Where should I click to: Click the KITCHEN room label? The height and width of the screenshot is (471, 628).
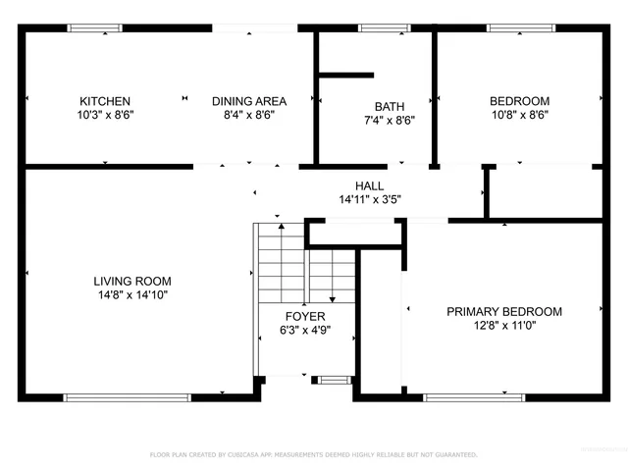(105, 101)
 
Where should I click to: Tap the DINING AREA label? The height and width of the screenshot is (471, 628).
(249, 101)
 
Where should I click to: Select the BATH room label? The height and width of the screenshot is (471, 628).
(390, 107)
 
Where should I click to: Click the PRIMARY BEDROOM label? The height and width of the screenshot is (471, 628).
(504, 312)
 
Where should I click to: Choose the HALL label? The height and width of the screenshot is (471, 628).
(369, 185)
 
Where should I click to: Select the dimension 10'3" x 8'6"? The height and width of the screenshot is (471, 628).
(105, 115)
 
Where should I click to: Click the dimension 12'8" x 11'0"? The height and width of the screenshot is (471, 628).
(504, 326)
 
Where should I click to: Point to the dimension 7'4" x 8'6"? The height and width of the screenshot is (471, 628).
(390, 121)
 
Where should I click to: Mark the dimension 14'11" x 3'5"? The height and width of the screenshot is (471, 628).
(369, 199)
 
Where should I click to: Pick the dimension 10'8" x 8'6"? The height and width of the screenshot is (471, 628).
(519, 115)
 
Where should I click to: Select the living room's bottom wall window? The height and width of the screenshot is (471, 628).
(127, 397)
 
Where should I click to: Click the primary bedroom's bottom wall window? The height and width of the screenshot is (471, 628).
(472, 397)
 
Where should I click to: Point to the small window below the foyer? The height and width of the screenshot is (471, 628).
(334, 379)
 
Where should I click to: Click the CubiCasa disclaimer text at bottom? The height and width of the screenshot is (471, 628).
(313, 454)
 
